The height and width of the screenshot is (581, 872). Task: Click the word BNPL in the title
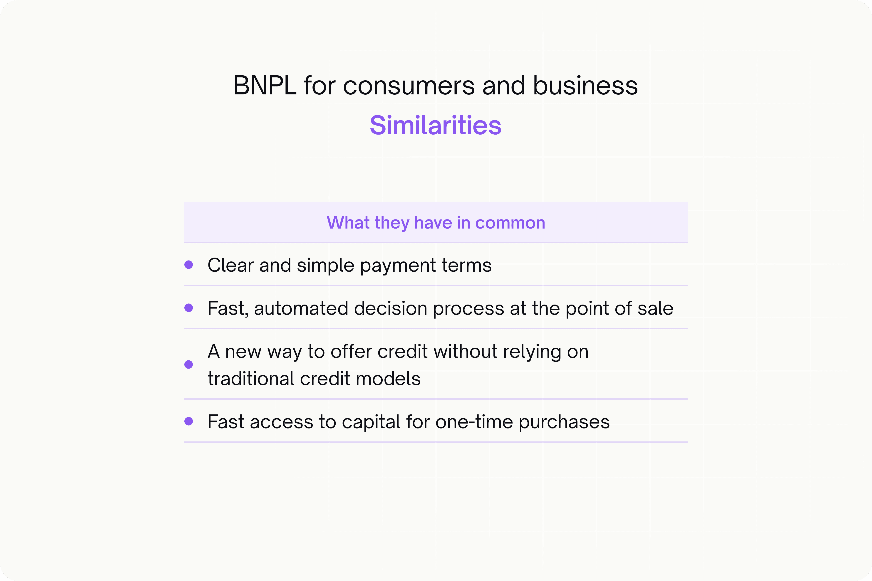[265, 86]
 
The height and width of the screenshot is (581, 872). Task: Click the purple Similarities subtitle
[436, 125]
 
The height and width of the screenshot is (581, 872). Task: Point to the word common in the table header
[510, 223]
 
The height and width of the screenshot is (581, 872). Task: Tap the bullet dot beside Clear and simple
[189, 265]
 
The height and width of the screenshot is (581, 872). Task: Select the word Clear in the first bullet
[231, 265]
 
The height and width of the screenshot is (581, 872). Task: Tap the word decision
[390, 308]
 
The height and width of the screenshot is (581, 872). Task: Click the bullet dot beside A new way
[189, 365]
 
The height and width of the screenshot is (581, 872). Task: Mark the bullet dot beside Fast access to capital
[189, 421]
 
